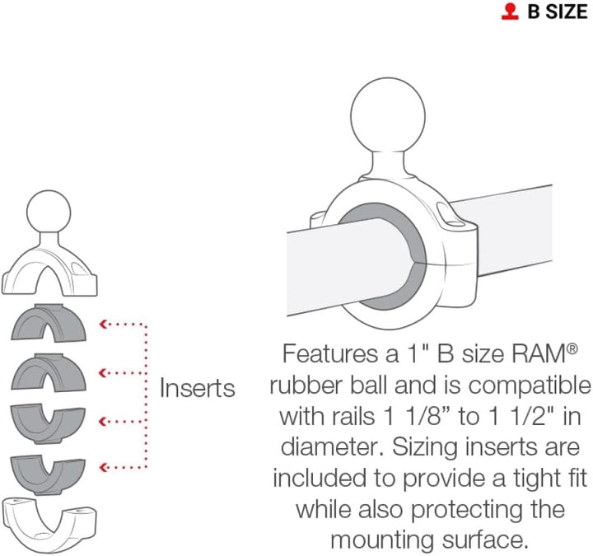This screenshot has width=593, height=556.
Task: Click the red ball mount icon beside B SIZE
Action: (x=510, y=12)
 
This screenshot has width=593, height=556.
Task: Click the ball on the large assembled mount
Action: (x=388, y=115)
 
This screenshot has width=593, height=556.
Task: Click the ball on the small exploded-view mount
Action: (x=49, y=213)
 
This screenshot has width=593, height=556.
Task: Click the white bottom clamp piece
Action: (x=49, y=524)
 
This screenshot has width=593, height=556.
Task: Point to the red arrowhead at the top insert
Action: (x=102, y=325)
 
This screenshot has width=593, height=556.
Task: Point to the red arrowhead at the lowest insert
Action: (x=102, y=468)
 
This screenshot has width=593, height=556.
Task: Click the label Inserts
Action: (x=198, y=388)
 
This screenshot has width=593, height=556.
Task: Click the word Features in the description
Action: (x=330, y=353)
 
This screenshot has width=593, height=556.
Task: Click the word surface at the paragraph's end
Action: (x=484, y=540)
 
